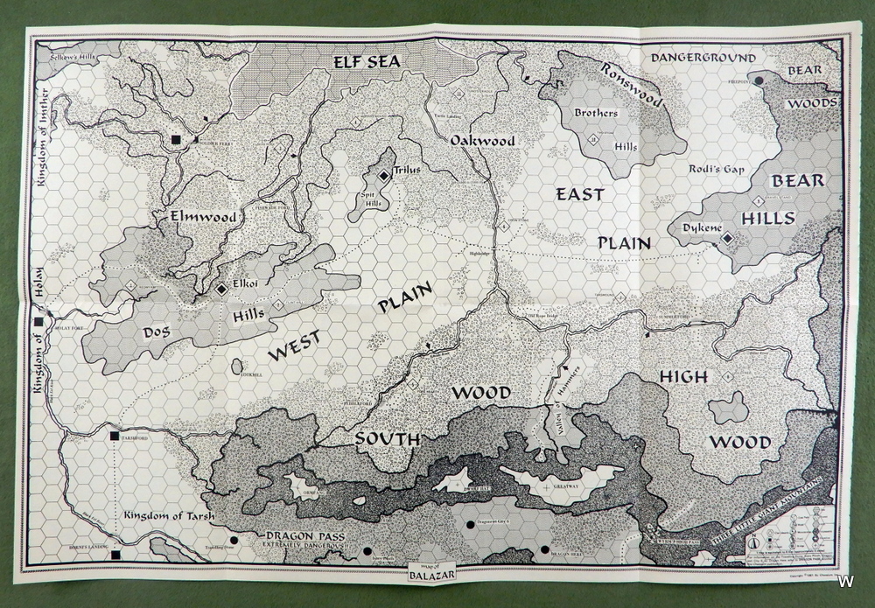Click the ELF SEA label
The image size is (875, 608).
366,61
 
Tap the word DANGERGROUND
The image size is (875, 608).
703,58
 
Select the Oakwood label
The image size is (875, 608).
482,140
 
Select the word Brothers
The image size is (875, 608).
596,113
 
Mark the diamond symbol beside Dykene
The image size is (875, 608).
727,245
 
